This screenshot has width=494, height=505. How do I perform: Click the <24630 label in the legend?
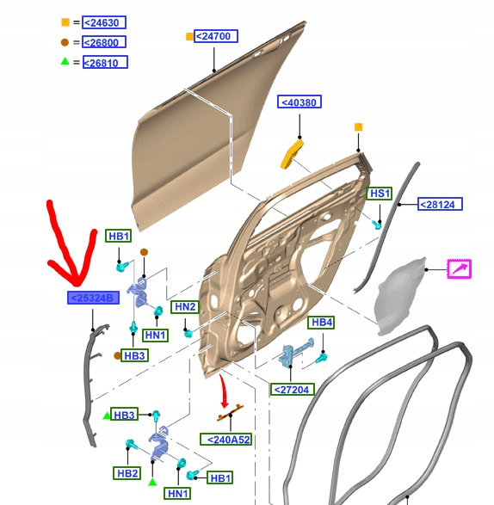pyautogui.click(x=104, y=22)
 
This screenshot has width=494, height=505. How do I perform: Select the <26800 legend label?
pyautogui.click(x=104, y=42)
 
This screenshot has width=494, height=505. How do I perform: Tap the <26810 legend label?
pyautogui.click(x=105, y=62)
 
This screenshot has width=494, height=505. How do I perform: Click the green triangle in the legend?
pyautogui.click(x=65, y=61)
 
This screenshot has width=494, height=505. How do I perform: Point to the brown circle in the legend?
pyautogui.click(x=65, y=42)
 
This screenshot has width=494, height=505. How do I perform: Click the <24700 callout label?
pyautogui.click(x=215, y=36)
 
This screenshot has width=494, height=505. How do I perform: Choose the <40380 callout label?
pyautogui.click(x=299, y=102)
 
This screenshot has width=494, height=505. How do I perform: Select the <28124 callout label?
pyautogui.click(x=440, y=204)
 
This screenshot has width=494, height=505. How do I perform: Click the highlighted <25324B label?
pyautogui.click(x=93, y=298)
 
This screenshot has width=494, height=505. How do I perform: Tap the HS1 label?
pyautogui.click(x=380, y=194)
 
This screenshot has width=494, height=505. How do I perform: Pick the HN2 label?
pyautogui.click(x=185, y=306)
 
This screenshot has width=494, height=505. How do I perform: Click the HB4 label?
pyautogui.click(x=321, y=323)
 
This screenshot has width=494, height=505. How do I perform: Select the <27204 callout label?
pyautogui.click(x=292, y=390)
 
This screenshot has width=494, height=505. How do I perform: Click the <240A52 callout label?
pyautogui.click(x=225, y=440)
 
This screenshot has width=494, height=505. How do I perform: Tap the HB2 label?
pyautogui.click(x=127, y=473)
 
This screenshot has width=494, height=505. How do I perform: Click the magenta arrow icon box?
pyautogui.click(x=460, y=269)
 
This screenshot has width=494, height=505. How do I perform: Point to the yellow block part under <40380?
pyautogui.click(x=291, y=154)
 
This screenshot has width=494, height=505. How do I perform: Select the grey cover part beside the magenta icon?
pyautogui.click(x=401, y=296)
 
